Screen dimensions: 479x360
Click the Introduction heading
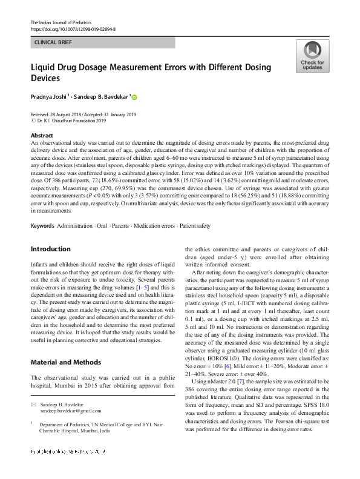click(50, 249)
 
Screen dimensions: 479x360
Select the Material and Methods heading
click(65, 362)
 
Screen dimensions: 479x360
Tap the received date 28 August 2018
click(70, 114)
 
